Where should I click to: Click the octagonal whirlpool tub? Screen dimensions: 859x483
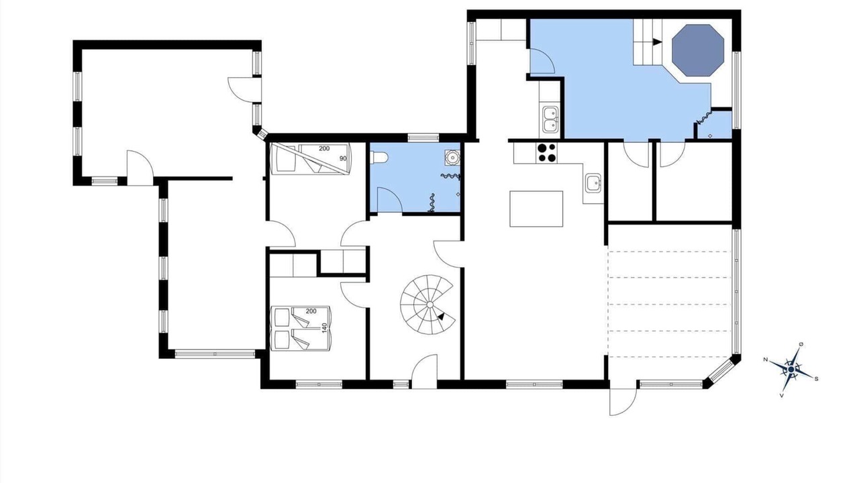[698, 50]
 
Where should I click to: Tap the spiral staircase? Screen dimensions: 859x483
[427, 305]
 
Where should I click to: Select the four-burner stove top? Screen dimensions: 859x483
[546, 152]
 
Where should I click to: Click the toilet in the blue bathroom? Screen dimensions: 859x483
[379, 157]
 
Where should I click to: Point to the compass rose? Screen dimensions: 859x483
[791, 370]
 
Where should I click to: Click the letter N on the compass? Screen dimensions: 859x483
[766, 360]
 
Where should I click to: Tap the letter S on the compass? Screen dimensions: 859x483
[817, 379]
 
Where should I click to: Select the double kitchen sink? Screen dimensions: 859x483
[550, 119]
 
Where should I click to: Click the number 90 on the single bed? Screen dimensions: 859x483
[342, 158]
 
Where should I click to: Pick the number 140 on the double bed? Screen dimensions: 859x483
[324, 328]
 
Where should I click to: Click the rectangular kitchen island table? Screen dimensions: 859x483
[536, 209]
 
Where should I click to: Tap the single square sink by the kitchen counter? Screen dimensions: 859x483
[593, 183]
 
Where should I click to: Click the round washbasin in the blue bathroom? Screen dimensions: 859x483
[452, 158]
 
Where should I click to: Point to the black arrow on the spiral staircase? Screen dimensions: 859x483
[442, 317]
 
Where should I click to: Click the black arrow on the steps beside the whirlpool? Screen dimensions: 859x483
[657, 42]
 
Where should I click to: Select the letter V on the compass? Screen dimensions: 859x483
[782, 396]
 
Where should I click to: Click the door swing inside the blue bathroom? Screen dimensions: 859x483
[390, 199]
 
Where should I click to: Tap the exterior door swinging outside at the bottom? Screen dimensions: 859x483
[623, 402]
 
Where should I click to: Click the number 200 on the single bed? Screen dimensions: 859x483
[324, 148]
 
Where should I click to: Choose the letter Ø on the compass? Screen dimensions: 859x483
[801, 345]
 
